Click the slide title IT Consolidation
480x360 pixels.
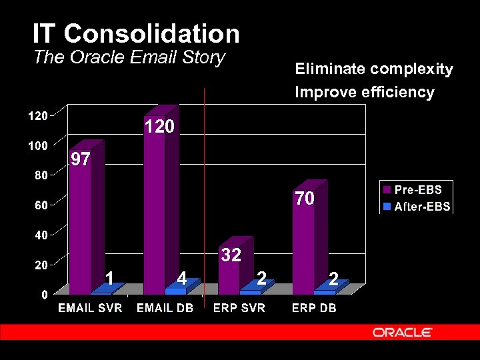tap(136, 33)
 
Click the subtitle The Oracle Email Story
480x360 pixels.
tap(129, 57)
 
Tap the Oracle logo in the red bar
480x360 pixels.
tap(402, 332)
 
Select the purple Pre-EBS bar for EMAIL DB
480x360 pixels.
tap(155, 207)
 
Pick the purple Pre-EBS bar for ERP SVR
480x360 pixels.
tap(229, 273)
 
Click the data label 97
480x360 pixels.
tap(81, 159)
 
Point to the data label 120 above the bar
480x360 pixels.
tap(159, 127)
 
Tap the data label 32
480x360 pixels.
tap(231, 255)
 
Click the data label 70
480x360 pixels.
tap(305, 199)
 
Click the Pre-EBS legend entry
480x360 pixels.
tap(417, 190)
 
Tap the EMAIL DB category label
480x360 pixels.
tap(165, 308)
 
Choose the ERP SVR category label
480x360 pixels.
tap(239, 308)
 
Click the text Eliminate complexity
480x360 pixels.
tap(374, 69)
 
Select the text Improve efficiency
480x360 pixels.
tap(365, 92)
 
